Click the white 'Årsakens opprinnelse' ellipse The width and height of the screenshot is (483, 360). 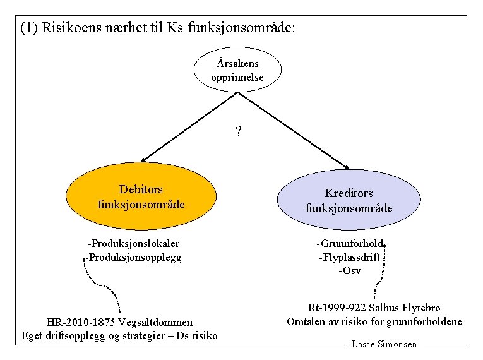[x=237, y=70]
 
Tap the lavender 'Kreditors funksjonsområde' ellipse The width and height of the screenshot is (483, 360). [x=349, y=200]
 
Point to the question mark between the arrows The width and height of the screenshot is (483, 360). [x=238, y=132]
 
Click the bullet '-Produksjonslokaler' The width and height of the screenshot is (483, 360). [x=133, y=243]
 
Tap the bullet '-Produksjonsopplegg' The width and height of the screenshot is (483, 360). [x=133, y=257]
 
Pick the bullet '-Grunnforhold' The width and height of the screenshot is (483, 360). [x=350, y=243]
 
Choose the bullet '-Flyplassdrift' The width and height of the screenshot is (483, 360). [x=349, y=257]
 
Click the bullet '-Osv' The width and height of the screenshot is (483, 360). [x=349, y=270]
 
